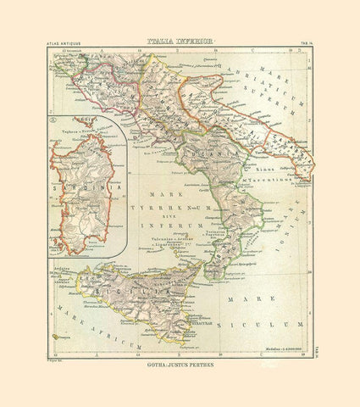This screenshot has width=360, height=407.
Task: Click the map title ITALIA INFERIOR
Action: pyautogui.click(x=180, y=40)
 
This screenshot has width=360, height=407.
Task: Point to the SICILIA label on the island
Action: pyautogui.click(x=161, y=286)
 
